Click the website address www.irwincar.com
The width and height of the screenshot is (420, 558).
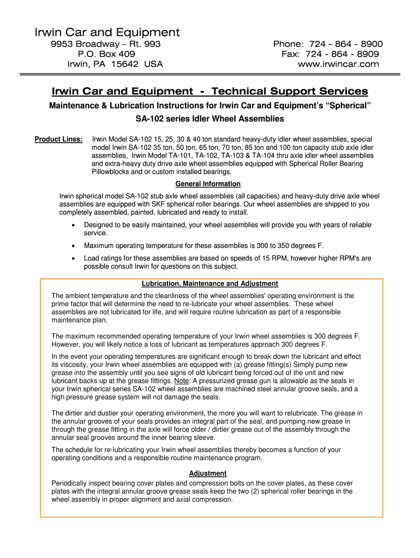click(x=338, y=64)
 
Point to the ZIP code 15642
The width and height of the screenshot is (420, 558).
click(x=129, y=64)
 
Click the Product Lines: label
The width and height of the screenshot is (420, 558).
click(x=59, y=139)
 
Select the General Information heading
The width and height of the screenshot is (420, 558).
click(x=208, y=184)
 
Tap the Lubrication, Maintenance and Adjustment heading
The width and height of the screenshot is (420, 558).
click(x=210, y=284)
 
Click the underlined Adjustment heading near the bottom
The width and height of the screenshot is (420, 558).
click(x=208, y=474)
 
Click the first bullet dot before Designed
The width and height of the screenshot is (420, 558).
click(x=74, y=225)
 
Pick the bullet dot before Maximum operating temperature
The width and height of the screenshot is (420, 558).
click(x=74, y=246)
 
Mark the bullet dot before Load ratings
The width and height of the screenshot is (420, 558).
click(x=74, y=258)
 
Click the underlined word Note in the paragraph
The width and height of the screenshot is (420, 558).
click(x=182, y=381)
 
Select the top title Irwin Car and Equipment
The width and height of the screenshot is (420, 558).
click(x=107, y=33)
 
